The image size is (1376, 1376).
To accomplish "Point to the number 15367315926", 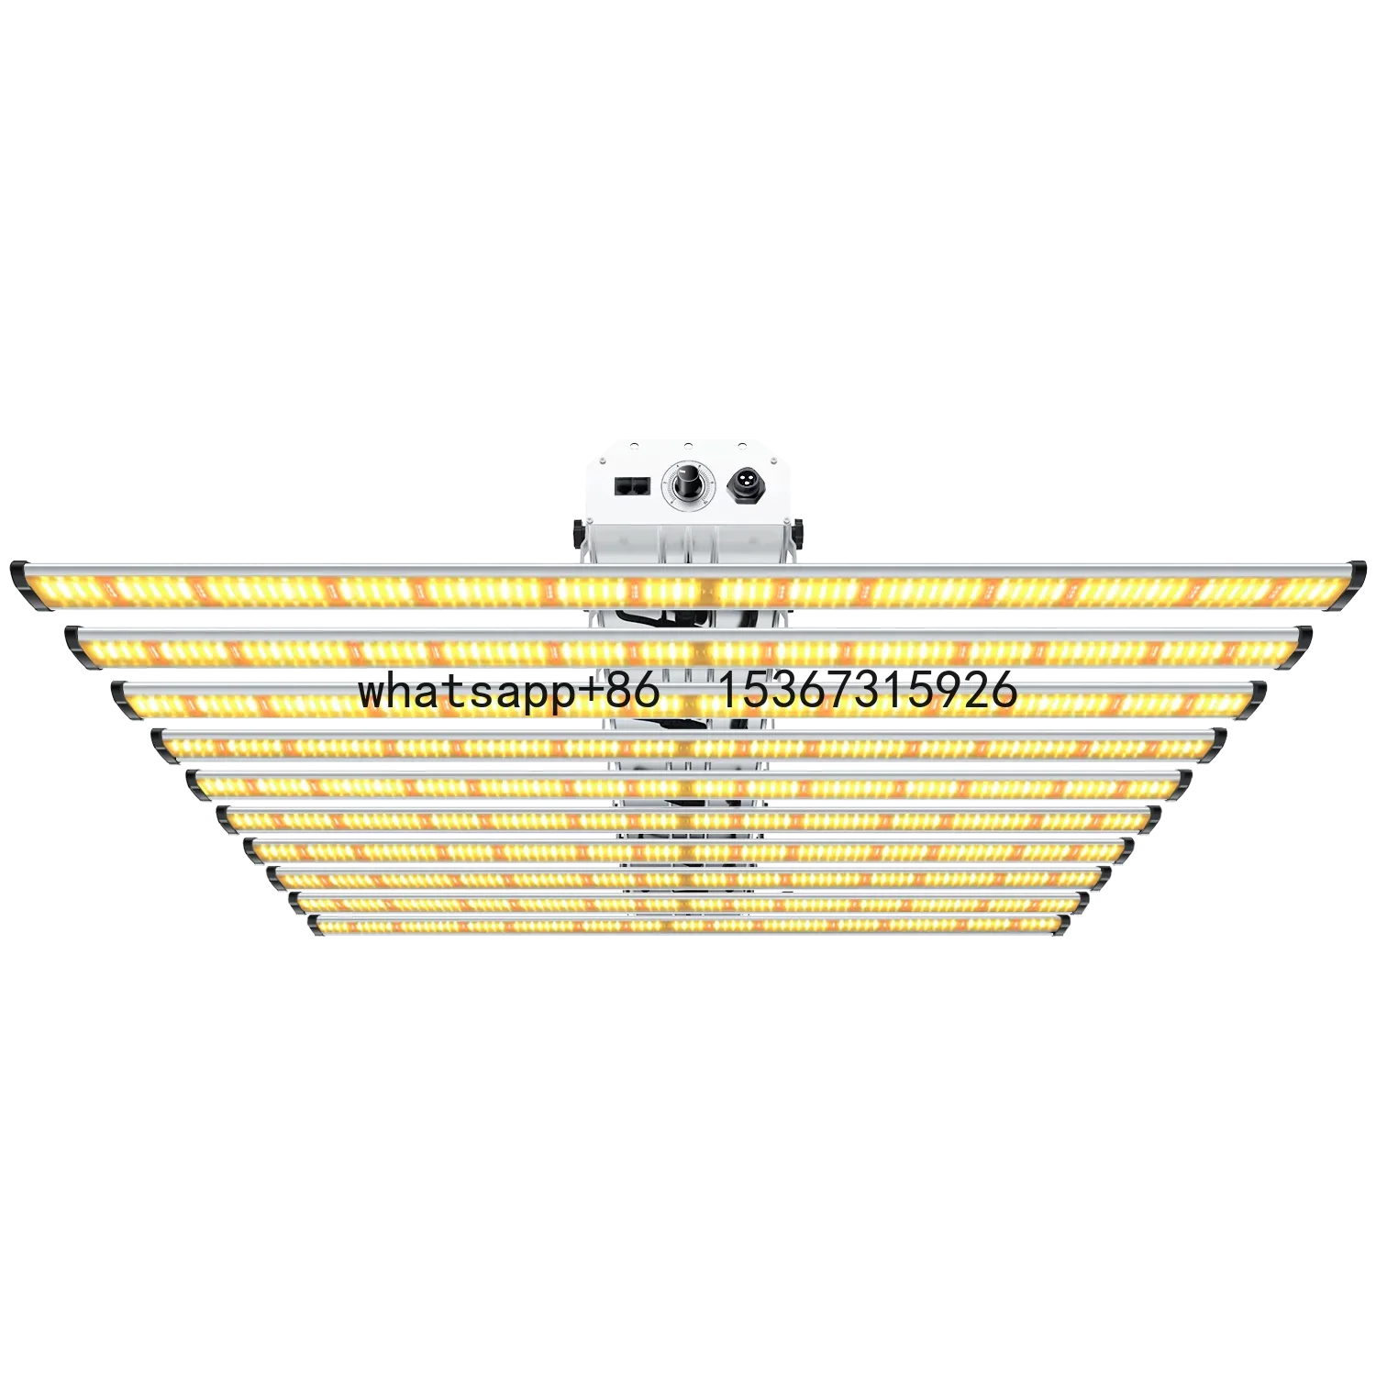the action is click(866, 690).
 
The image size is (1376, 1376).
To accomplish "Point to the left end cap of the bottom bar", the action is click(313, 926).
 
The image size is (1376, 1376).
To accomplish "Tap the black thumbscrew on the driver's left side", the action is click(578, 531).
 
